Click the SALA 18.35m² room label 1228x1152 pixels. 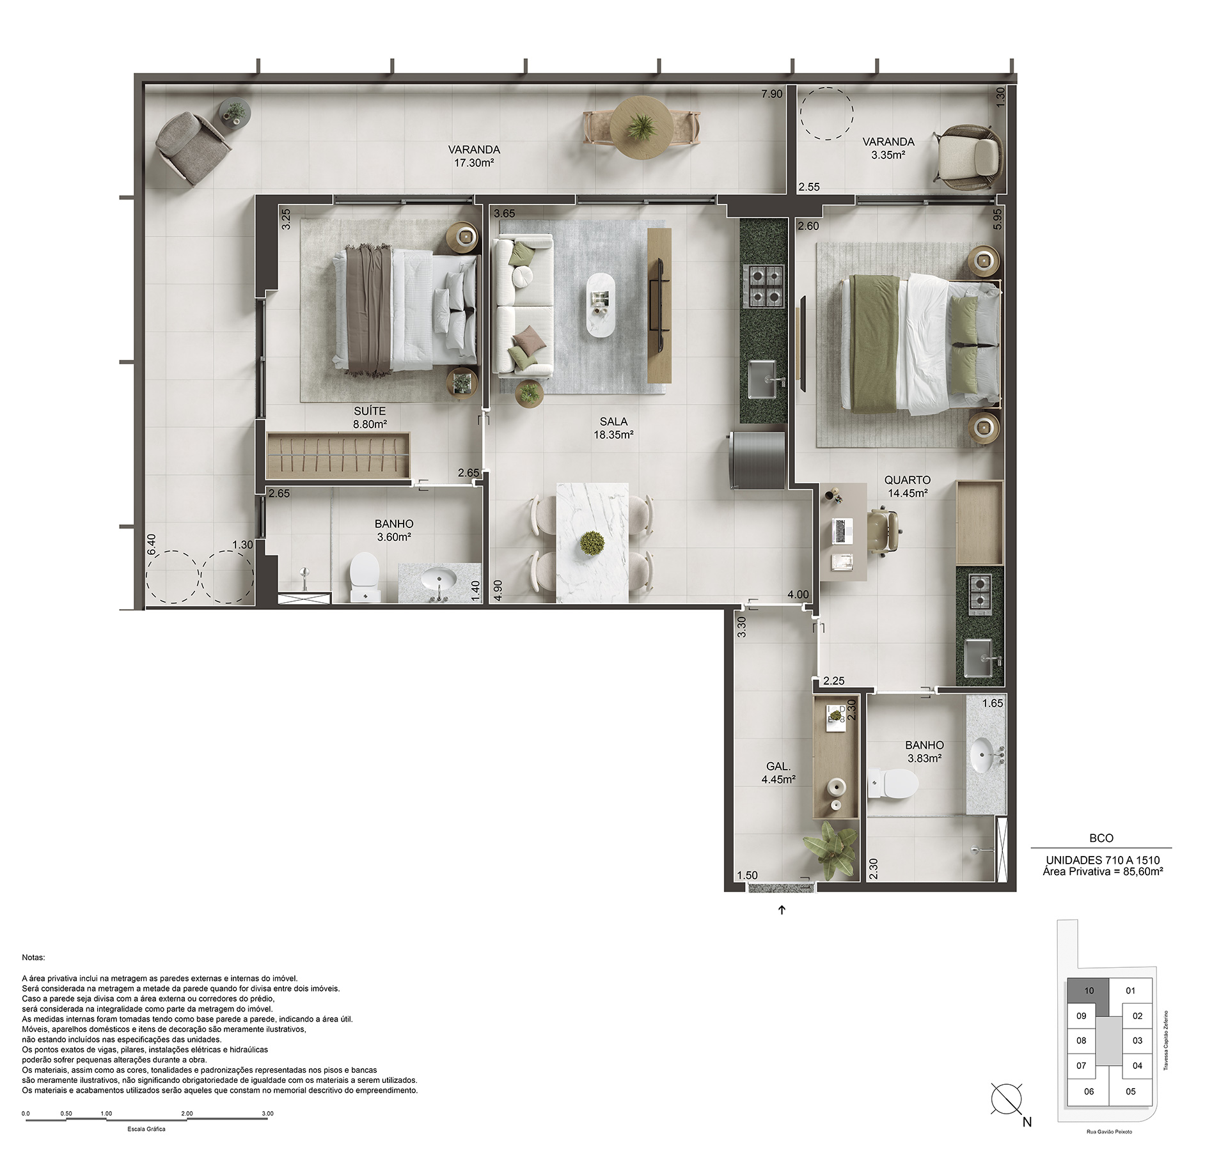point(613,428)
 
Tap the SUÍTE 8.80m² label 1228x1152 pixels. point(370,417)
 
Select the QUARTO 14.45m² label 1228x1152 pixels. point(908,486)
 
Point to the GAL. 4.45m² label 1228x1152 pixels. point(778,773)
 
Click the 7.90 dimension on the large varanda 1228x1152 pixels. point(771,94)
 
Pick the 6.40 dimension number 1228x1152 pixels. point(152,545)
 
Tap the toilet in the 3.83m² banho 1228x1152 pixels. point(893,783)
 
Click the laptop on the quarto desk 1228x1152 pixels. point(843,531)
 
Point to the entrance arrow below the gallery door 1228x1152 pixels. point(782,910)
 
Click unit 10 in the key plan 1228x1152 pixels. point(1089,991)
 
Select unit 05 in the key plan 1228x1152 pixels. point(1131,1091)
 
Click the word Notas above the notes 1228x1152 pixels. point(33,958)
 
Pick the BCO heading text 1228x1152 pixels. point(1101,838)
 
